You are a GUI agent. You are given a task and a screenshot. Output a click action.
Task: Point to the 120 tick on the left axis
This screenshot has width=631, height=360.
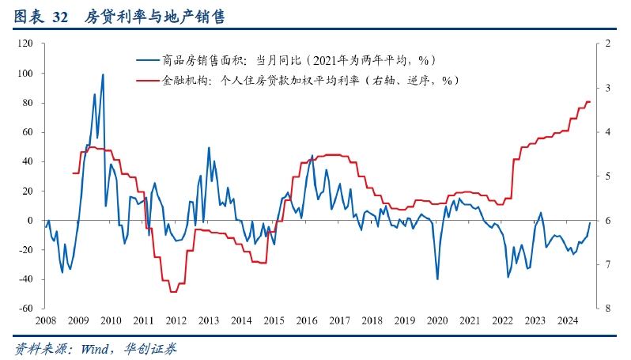25,44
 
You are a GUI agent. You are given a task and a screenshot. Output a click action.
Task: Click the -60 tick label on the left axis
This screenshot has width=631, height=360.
25,309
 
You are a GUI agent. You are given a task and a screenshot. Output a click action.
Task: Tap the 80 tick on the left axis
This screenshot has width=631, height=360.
28,103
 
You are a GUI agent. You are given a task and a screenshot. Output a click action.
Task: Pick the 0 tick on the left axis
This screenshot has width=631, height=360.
30,221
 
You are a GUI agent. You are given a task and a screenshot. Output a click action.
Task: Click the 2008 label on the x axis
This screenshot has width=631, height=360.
45,320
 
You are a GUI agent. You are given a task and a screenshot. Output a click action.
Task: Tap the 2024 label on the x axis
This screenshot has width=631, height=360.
567,320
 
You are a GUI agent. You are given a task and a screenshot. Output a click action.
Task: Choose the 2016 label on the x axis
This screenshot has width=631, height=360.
306,320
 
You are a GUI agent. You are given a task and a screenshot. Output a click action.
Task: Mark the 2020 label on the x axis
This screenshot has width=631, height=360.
436,320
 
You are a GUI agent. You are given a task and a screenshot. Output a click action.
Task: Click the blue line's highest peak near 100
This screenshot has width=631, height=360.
103,74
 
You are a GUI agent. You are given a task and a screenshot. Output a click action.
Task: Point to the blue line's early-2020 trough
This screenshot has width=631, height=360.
437,279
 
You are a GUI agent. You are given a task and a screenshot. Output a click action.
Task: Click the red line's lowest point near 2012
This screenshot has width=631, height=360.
172,292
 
